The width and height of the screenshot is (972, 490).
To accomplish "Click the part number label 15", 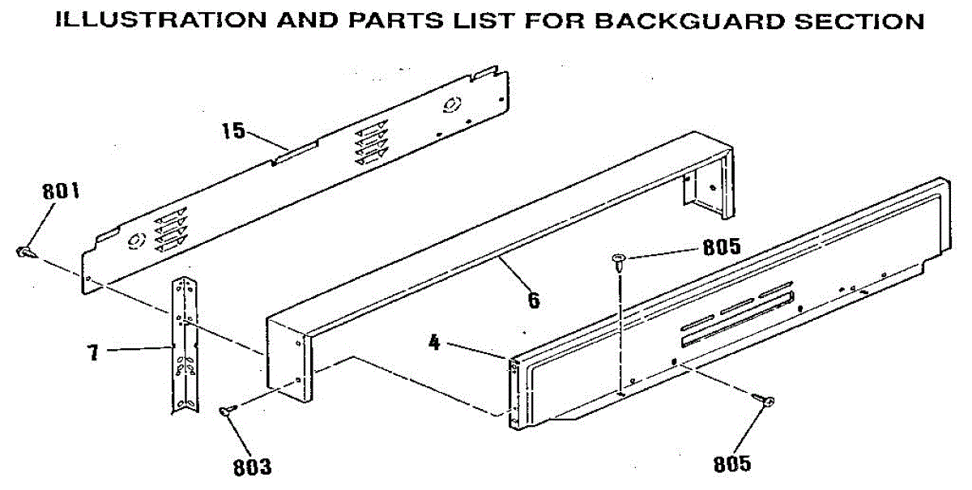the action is pos(233,130).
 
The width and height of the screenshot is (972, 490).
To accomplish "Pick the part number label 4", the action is pos(434,343).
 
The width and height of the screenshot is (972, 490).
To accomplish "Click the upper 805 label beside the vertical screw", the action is pos(722,249).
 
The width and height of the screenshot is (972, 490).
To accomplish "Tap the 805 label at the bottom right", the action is pos(731,464).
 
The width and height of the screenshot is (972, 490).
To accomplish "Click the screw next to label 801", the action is pos(23,253).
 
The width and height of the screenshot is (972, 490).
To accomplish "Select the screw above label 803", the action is pos(227,411).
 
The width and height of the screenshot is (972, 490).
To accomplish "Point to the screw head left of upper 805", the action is pos(619,260).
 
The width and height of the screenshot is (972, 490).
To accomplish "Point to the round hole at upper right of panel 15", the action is pos(451,104).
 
